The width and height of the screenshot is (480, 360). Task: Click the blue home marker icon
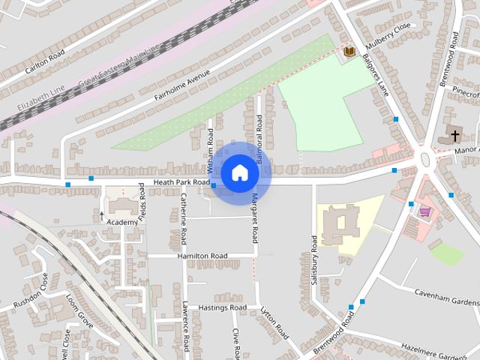pyautogui.click(x=239, y=172)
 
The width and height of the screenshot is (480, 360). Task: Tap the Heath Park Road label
pyautogui.click(x=181, y=182)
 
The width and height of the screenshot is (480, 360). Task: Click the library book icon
pyautogui.click(x=349, y=52)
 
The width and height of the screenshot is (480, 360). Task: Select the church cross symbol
pyautogui.click(x=453, y=136)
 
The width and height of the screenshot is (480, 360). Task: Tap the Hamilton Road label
pyautogui.click(x=202, y=256)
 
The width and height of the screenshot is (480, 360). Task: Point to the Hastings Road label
pyautogui.click(x=222, y=307)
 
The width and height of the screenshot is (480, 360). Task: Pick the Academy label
pyautogui.click(x=122, y=222)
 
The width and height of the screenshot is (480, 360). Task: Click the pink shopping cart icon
pyautogui.click(x=425, y=212)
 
